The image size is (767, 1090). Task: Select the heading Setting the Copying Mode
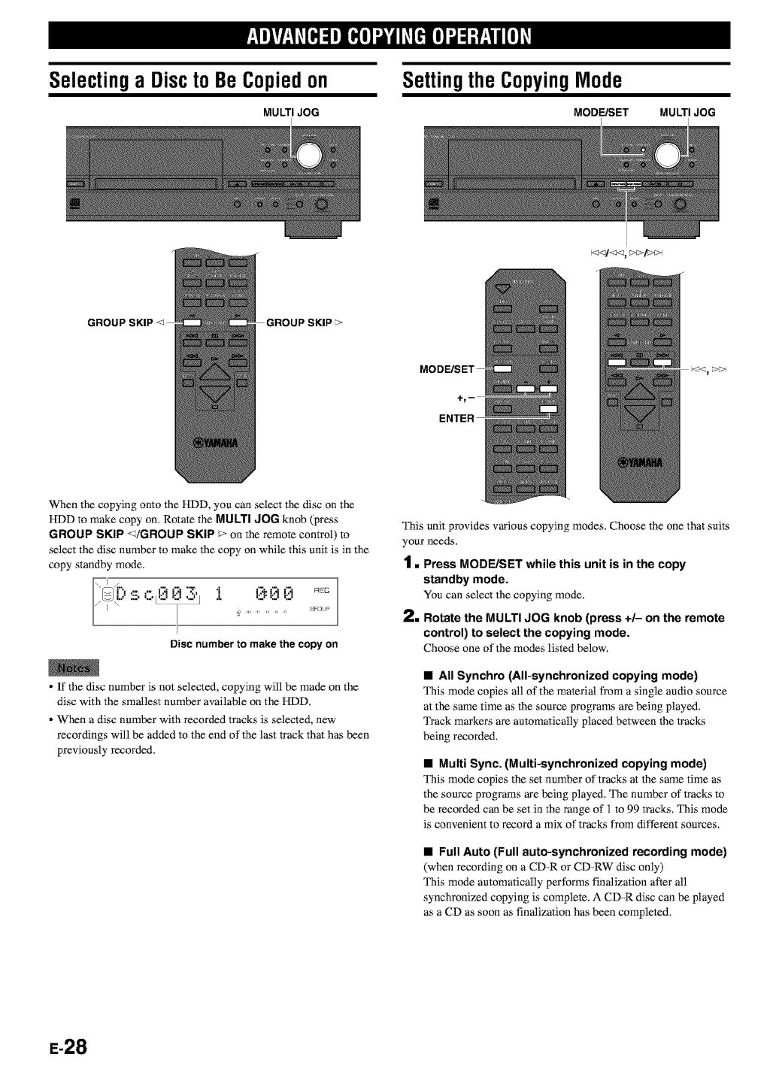click(x=512, y=80)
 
